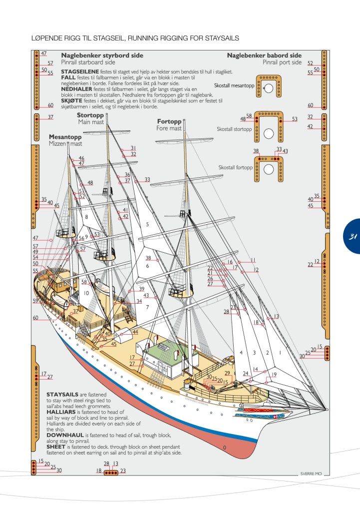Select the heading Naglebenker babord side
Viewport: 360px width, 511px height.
tap(264, 55)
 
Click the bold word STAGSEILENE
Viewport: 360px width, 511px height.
tap(79, 71)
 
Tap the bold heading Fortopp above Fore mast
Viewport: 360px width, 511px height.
tap(169, 122)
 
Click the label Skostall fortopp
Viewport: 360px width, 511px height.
tap(235, 167)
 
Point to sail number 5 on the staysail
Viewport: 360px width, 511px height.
tap(147, 225)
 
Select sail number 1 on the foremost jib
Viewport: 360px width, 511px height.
tap(280, 353)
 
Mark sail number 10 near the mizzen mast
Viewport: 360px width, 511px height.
tap(86, 293)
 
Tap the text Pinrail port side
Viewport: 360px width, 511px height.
tap(282, 62)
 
